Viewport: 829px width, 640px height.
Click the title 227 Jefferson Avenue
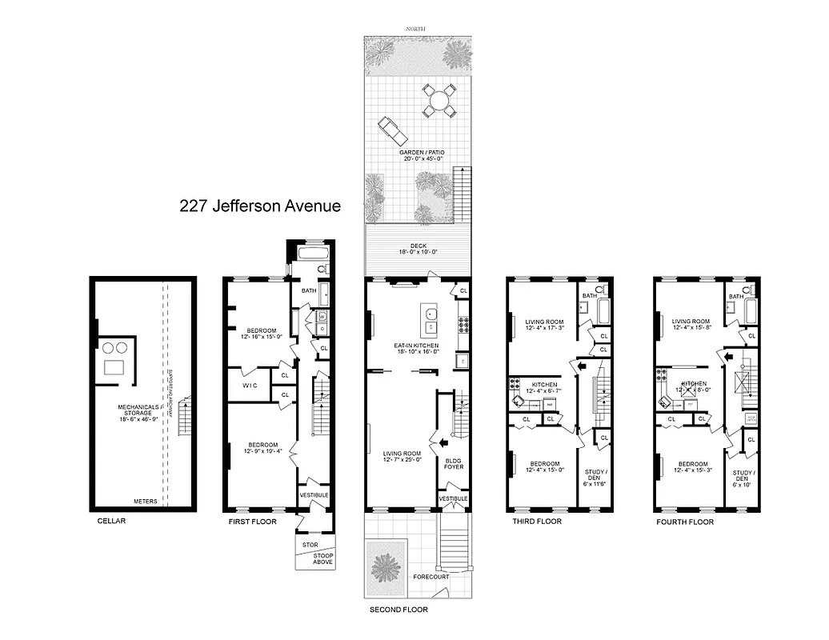260,206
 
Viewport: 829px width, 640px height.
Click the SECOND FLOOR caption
398,610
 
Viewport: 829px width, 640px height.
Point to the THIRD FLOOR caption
536,522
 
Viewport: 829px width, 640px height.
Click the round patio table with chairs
439,101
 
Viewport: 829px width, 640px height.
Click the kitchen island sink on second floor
430,314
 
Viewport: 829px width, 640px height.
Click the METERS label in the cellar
145,502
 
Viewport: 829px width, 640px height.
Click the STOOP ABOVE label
314,558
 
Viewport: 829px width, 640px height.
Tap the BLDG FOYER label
453,465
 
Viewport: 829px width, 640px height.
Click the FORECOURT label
431,576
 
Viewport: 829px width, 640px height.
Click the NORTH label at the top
415,29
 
